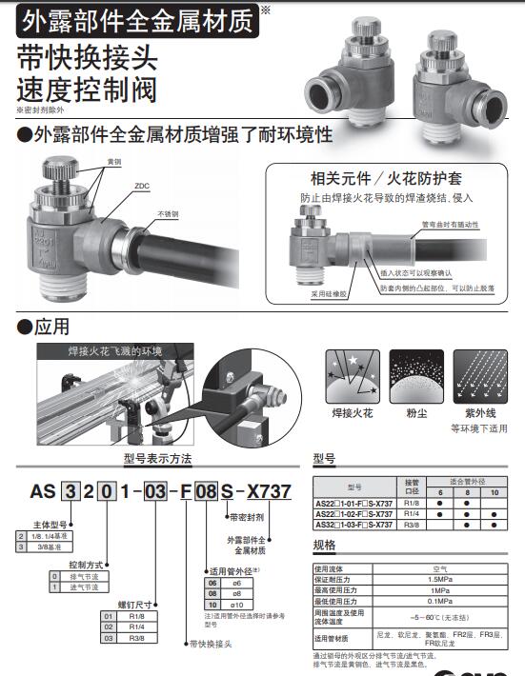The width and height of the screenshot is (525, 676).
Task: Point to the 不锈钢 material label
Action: pyautogui.click(x=169, y=213)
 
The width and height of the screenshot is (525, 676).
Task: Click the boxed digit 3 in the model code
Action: pyautogui.click(x=68, y=491)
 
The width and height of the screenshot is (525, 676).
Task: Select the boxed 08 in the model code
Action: pyautogui.click(x=206, y=491)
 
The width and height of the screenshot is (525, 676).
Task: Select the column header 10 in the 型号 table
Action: pyautogui.click(x=495, y=493)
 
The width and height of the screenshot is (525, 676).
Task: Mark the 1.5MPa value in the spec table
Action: pyautogui.click(x=439, y=579)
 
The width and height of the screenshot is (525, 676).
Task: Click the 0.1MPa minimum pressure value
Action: pyautogui.click(x=439, y=602)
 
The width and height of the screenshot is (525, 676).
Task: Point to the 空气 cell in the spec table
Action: pyautogui.click(x=439, y=567)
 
